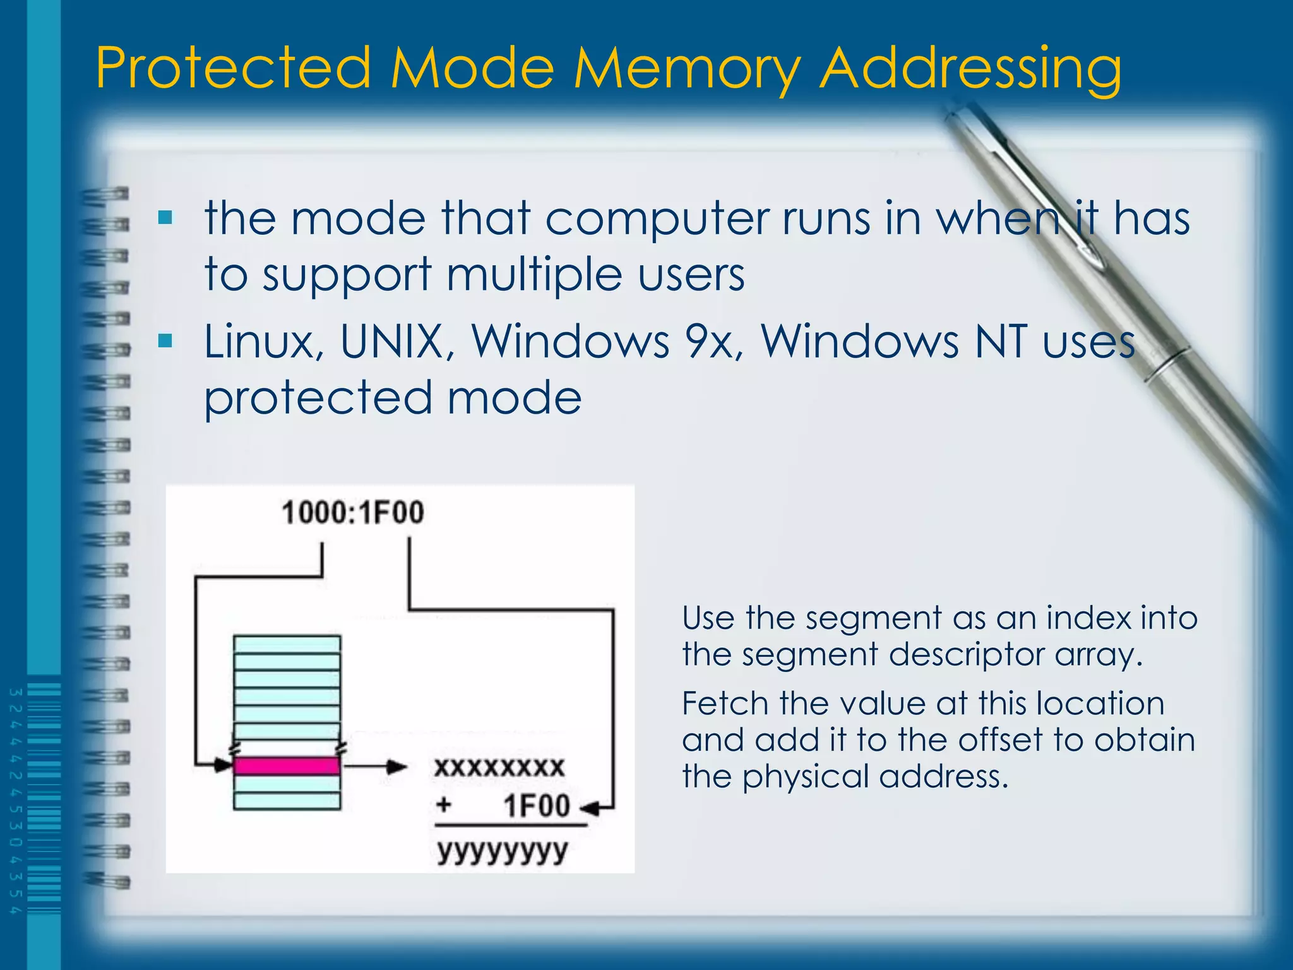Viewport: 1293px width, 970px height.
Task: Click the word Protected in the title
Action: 234,68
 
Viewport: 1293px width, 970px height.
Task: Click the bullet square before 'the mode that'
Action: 165,218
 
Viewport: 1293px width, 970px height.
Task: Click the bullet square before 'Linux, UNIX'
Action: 165,342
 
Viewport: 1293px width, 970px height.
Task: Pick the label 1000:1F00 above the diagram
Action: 353,512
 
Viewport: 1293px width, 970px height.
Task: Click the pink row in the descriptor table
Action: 287,766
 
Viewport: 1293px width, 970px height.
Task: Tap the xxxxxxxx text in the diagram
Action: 499,767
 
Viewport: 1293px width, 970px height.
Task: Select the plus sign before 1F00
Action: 444,805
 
